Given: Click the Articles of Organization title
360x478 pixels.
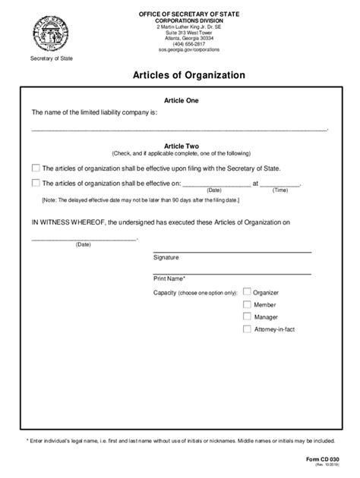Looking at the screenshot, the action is coord(180,75).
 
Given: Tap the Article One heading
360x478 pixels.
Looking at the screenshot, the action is coord(180,101).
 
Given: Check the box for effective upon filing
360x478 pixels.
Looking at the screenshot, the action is coord(36,168).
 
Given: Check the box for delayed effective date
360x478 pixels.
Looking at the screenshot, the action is coord(36,183).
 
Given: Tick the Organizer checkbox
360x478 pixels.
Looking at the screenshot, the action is coord(247,292).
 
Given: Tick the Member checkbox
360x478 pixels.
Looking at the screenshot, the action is coord(247,304).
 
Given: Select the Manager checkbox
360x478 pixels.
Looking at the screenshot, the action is coord(247,316).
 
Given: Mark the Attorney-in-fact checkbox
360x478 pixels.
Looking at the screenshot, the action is coord(247,329).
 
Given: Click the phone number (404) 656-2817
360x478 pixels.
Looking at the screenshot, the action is coord(185,43).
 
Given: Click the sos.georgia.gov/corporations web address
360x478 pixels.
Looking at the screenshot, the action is coord(185,49).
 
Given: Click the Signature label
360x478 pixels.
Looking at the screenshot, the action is coord(166,257).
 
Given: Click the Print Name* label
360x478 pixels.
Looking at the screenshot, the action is coord(169,278).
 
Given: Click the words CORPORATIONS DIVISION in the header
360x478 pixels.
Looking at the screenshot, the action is coord(185,20).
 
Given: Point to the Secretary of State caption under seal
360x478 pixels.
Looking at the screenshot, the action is coord(46,59).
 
